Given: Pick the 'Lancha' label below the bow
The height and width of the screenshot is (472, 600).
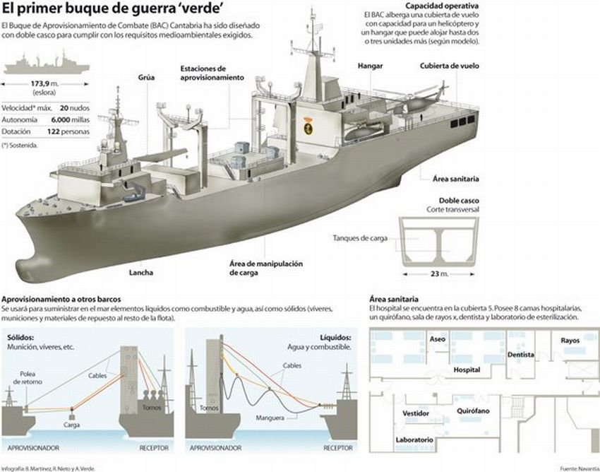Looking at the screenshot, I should (140, 272).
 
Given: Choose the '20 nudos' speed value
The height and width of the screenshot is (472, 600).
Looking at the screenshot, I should (74, 107).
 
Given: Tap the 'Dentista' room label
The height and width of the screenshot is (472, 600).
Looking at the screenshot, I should (520, 355).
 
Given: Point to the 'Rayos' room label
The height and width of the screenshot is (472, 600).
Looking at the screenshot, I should (570, 340).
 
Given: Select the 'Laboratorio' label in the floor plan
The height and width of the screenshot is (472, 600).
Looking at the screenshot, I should (414, 439).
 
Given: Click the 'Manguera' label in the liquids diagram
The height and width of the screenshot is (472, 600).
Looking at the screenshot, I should (271, 418).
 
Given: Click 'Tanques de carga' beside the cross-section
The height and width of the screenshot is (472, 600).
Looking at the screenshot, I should (360, 237).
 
